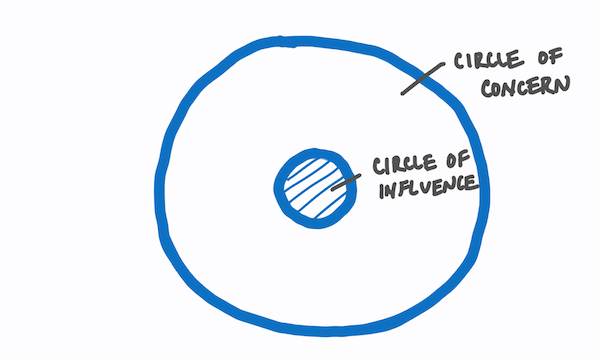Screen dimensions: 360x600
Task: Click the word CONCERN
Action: (x=524, y=85)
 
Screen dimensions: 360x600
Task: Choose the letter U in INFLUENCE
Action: (x=420, y=187)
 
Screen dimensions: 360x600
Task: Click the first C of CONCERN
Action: (x=486, y=87)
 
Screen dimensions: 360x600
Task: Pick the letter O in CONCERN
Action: (x=499, y=87)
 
